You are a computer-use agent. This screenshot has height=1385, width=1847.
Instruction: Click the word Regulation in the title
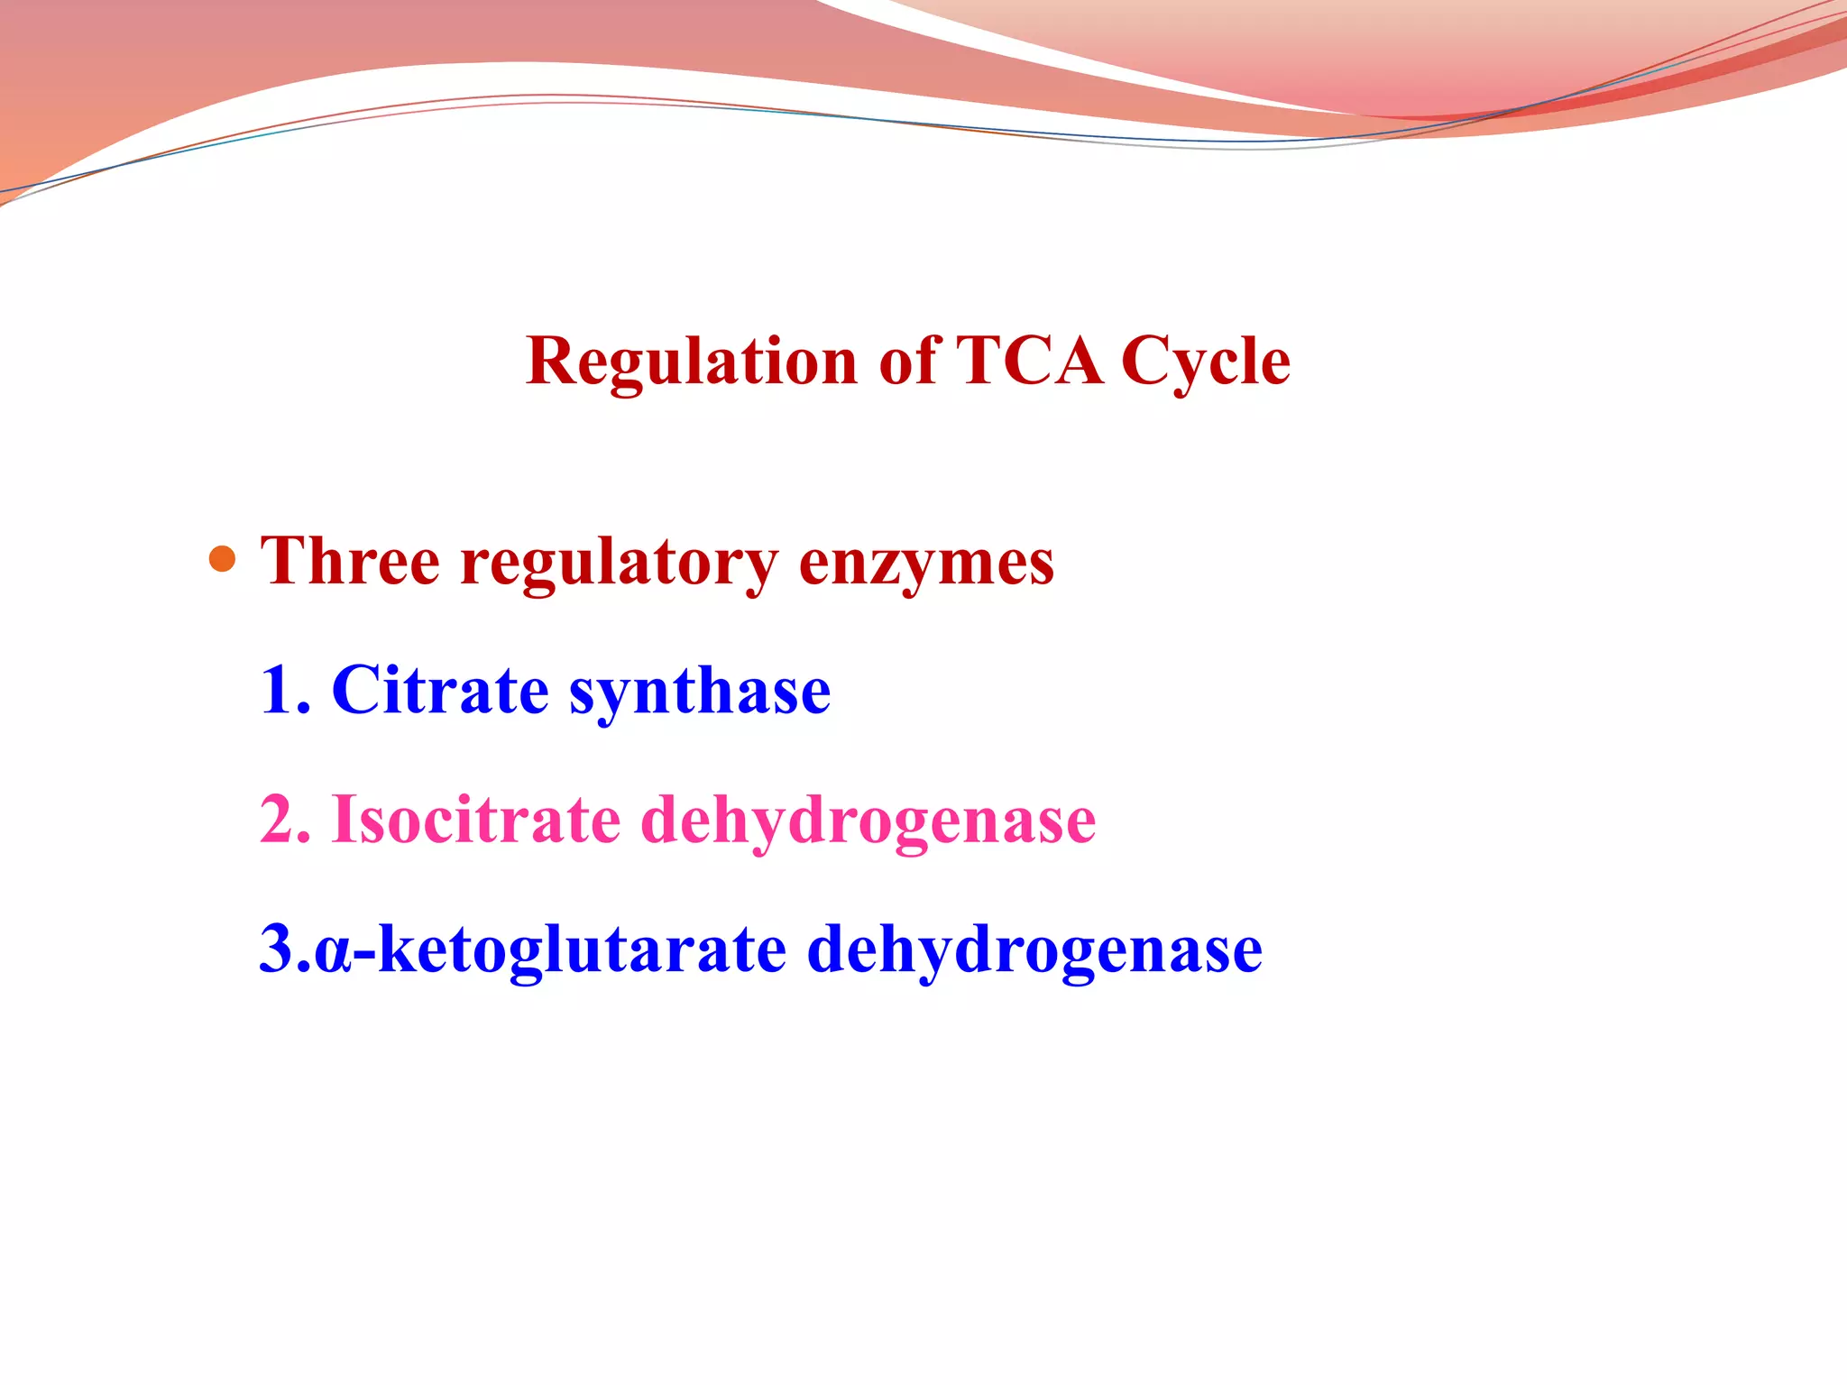pyautogui.click(x=690, y=362)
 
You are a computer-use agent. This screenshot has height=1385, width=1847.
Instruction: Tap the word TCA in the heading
pyautogui.click(x=1028, y=362)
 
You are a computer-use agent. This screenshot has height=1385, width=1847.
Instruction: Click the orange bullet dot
pyautogui.click(x=222, y=560)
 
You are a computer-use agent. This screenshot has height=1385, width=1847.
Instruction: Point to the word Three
pyautogui.click(x=350, y=562)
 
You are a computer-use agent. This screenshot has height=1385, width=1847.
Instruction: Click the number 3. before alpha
pyautogui.click(x=283, y=950)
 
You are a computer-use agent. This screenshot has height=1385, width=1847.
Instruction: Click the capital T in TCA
pyautogui.click(x=977, y=362)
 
